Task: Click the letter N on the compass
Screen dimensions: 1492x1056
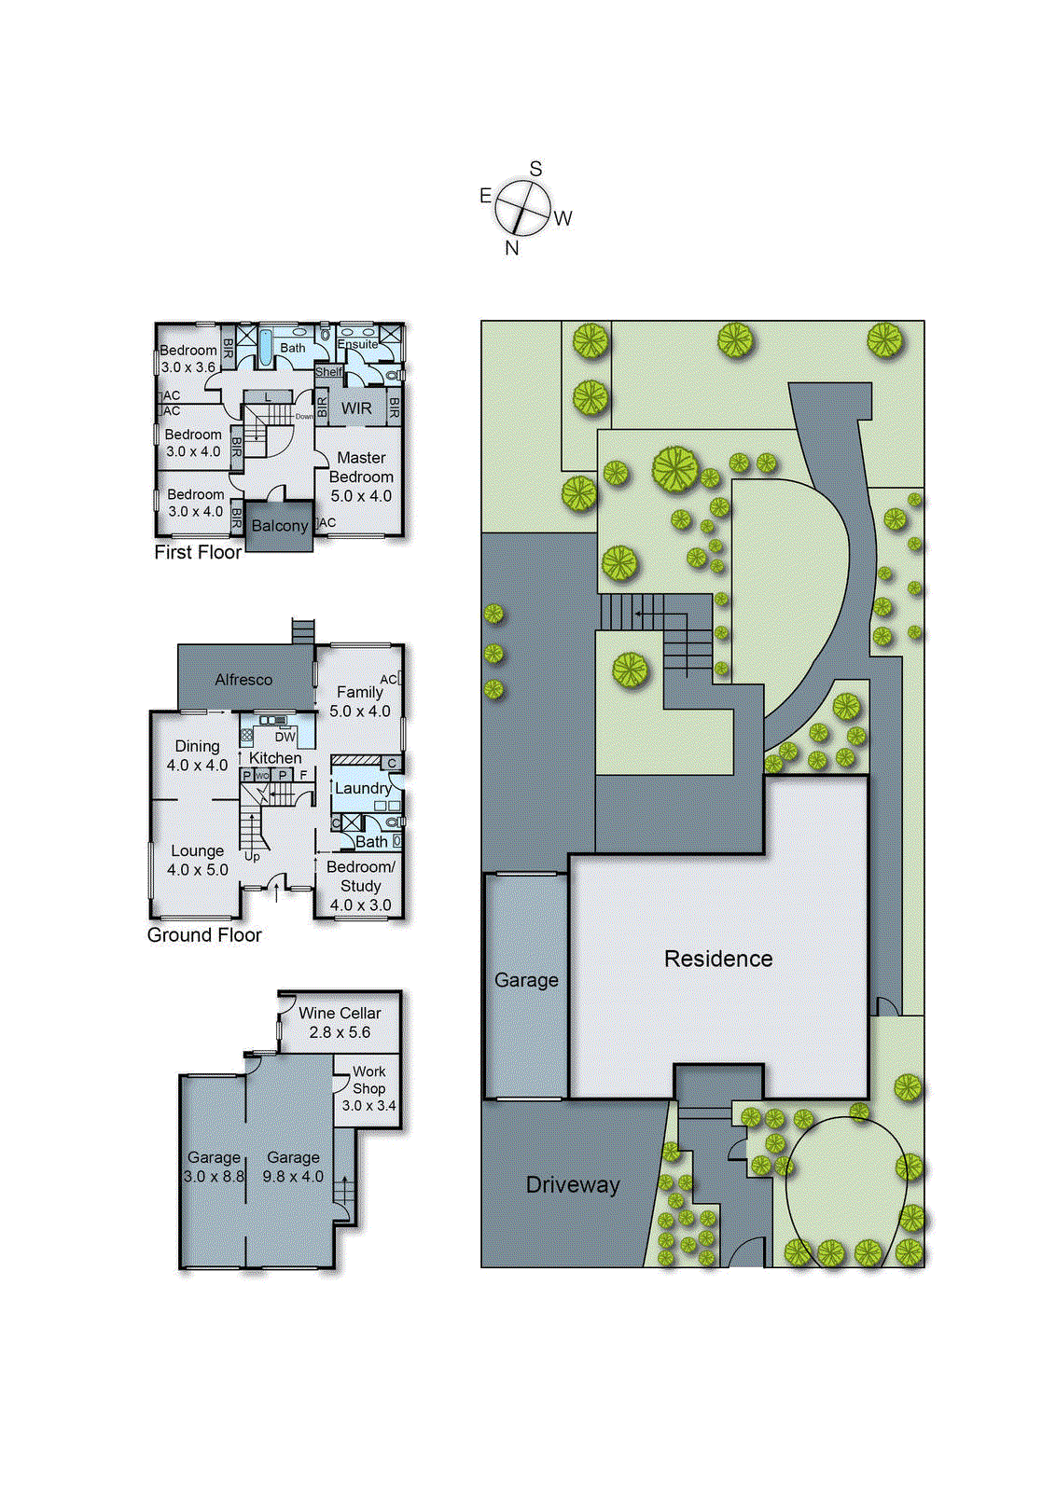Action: tap(511, 248)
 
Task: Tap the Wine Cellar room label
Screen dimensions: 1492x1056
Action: tap(340, 1013)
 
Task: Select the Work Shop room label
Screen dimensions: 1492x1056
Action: tap(368, 1080)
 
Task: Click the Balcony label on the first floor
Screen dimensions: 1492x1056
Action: tap(279, 526)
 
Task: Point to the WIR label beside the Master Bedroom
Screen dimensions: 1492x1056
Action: tap(356, 408)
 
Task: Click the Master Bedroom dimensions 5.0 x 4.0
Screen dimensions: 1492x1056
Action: tap(361, 496)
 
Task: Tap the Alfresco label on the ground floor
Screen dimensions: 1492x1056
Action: tap(243, 680)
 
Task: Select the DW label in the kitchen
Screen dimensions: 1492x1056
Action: tap(285, 737)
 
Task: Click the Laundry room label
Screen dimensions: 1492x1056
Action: tap(363, 788)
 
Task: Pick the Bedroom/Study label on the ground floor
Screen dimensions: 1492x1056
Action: tap(361, 877)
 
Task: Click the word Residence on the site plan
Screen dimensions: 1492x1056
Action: tap(718, 959)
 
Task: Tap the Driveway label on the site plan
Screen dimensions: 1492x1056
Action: tap(573, 1185)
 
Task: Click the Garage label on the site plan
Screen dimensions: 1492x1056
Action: tap(526, 980)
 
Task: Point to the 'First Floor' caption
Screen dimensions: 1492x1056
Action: tap(198, 552)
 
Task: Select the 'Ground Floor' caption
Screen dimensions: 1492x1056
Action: tap(204, 935)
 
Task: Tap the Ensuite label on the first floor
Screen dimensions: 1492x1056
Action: tap(357, 344)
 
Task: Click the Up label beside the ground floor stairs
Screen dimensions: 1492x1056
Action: tap(252, 856)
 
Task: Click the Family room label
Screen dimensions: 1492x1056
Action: tap(360, 692)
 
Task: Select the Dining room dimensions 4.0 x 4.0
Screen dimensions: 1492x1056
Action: tap(197, 766)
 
